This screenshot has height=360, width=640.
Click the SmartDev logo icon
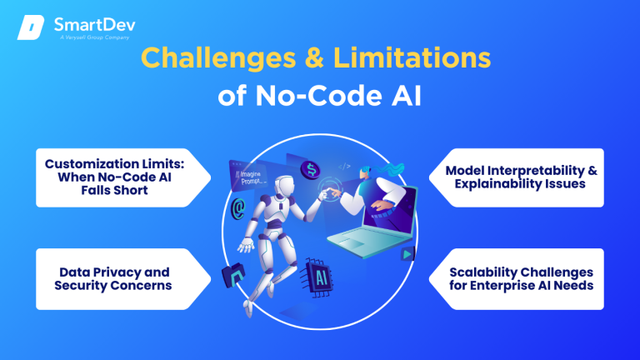pyautogui.click(x=30, y=27)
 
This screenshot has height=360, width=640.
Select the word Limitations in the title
pyautogui.click(x=415, y=60)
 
